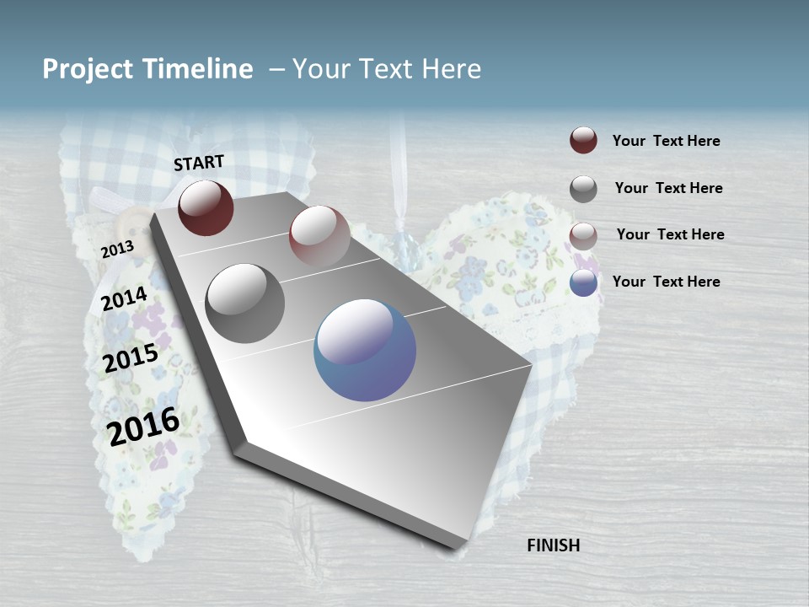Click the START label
(x=199, y=163)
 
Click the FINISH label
(x=554, y=545)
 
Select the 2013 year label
(x=117, y=250)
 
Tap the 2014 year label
(x=124, y=299)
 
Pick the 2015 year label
(x=131, y=358)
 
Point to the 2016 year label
(x=143, y=426)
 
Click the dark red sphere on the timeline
(x=206, y=207)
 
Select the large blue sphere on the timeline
(x=365, y=350)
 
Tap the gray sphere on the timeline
(x=245, y=303)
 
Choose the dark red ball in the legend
(x=583, y=141)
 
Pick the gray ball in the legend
(x=583, y=189)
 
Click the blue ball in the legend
(x=583, y=282)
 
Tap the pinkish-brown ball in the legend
(x=583, y=236)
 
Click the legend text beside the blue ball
(x=666, y=282)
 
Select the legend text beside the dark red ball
(x=666, y=141)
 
